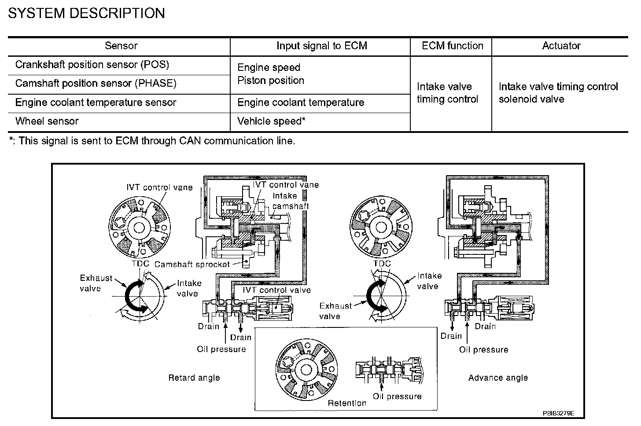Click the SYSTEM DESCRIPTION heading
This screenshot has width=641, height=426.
click(86, 13)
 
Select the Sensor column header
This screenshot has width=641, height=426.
click(121, 46)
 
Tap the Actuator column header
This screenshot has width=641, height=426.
click(561, 46)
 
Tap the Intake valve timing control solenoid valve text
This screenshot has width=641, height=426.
click(558, 93)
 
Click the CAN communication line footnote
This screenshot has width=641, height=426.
click(152, 141)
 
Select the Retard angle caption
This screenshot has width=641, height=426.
click(194, 378)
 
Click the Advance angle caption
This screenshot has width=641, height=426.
click(498, 378)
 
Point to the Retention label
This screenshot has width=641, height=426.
click(347, 403)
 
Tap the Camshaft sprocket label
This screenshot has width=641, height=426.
click(192, 264)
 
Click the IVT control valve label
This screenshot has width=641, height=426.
click(277, 290)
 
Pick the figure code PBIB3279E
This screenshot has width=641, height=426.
click(558, 413)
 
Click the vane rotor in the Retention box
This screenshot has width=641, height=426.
click(306, 370)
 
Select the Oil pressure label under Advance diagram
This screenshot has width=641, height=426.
click(483, 349)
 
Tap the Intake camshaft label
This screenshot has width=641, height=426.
click(290, 201)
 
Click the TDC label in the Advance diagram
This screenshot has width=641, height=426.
click(382, 264)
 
